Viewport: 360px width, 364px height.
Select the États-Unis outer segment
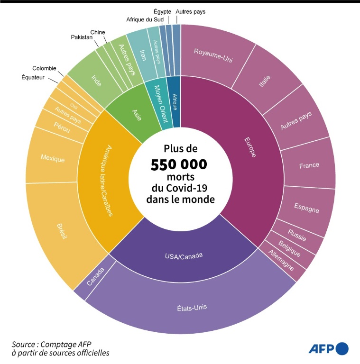(195, 307)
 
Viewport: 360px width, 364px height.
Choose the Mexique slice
(52, 158)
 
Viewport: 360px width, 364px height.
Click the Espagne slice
(306, 209)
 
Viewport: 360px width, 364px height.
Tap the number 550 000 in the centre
(179, 164)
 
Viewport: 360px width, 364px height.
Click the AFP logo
(328, 349)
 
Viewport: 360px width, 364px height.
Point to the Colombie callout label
(44, 68)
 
